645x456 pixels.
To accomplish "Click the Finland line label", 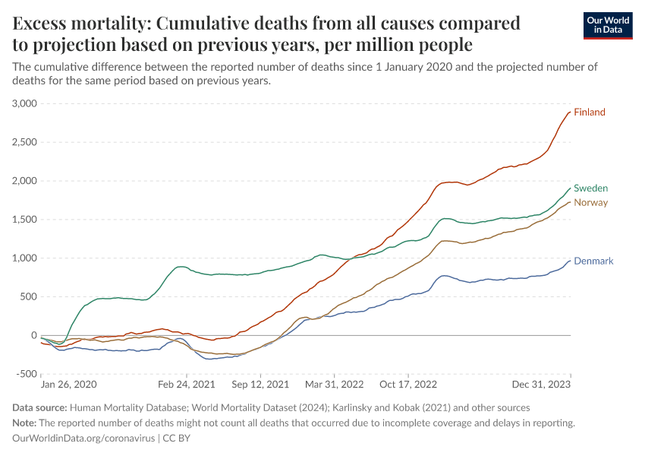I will tap(590, 112).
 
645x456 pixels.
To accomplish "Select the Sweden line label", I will tap(590, 188).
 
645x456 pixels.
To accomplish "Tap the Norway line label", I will tap(590, 203).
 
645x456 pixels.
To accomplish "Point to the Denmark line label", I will tap(593, 261).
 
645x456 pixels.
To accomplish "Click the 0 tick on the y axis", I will tap(33, 335).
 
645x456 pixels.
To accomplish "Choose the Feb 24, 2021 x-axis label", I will tap(182, 385).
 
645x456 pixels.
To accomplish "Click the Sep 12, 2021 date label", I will tap(261, 385).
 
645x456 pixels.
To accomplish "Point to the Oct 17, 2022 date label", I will tap(409, 385).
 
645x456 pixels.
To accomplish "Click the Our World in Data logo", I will tap(608, 25).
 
